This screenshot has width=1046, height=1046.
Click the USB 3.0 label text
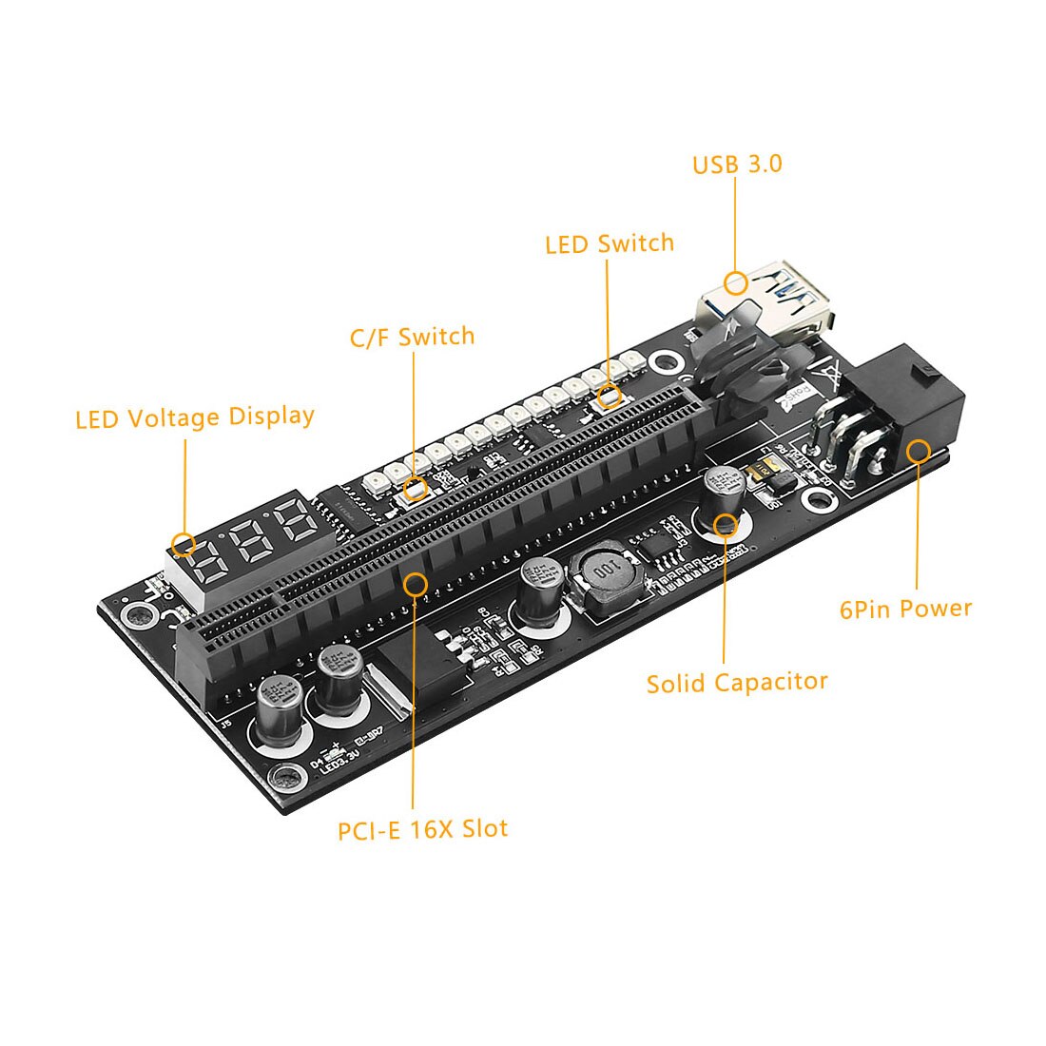coord(737,165)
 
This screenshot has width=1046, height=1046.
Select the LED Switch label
coord(610,243)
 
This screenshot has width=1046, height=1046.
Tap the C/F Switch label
coord(412,337)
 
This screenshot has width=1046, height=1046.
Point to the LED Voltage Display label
coord(195,417)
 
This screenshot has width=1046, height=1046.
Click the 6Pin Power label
coord(905,609)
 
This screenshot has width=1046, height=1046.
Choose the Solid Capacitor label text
coord(737,683)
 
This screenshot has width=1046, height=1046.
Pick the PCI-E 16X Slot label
coord(422,829)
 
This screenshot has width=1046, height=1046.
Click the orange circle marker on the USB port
coord(735,282)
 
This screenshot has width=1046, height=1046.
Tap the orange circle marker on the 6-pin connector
coord(918,451)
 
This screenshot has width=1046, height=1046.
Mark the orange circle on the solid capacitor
coord(726,523)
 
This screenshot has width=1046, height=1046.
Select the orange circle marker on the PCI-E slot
coord(416,583)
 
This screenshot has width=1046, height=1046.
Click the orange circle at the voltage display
coord(184,544)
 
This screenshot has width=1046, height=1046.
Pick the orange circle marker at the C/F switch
coord(415,489)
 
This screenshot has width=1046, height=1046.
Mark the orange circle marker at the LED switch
coord(610,397)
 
